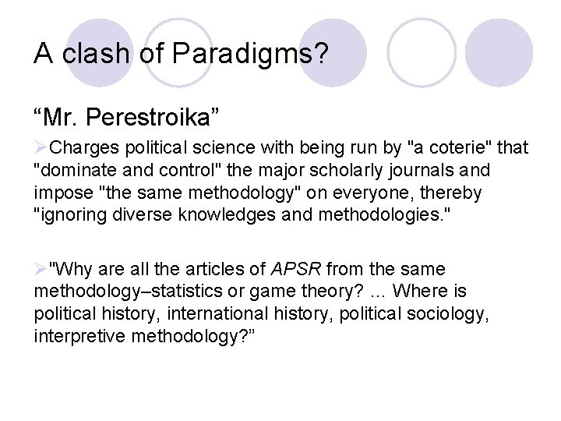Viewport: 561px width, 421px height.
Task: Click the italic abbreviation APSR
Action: tap(295, 270)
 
